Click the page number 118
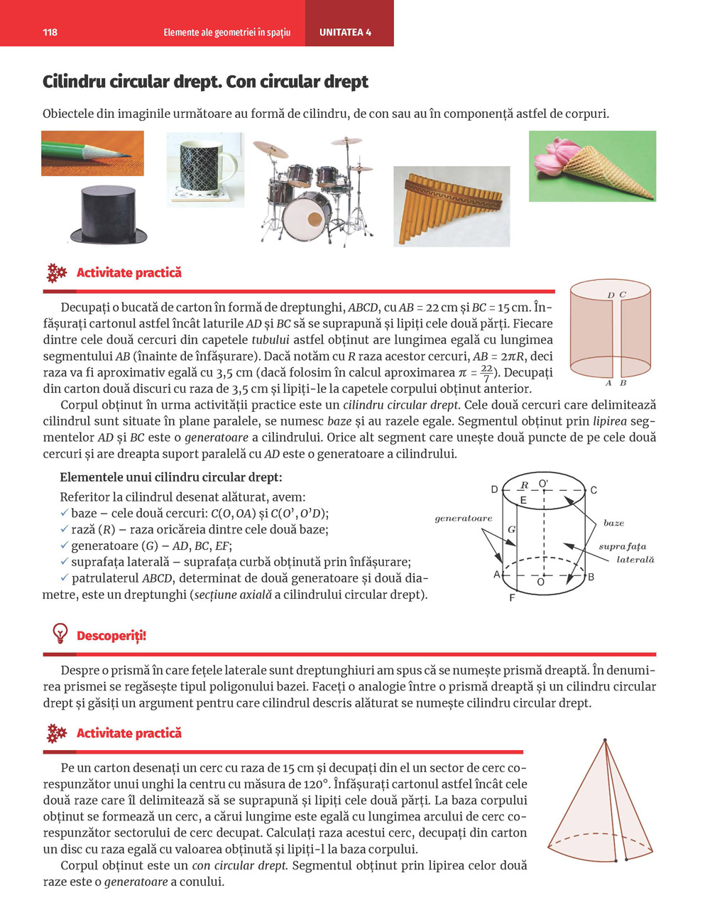pos(50,33)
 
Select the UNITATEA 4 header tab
pos(345,33)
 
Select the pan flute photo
pos(452,207)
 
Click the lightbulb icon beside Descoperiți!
pos(60,634)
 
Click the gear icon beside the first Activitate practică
pos(56,273)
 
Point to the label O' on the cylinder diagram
pos(544,484)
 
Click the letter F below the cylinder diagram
pos(512,598)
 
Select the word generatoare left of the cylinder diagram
pos(463,519)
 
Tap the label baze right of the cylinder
pos(613,523)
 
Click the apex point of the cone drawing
pos(605,741)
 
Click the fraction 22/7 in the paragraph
pos(486,373)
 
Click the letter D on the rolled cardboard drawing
pos(611,295)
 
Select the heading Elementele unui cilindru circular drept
pos(170,477)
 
